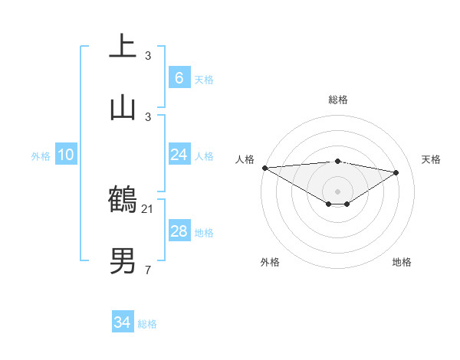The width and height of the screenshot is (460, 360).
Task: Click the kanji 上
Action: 123,46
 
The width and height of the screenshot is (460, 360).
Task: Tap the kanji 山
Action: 123,107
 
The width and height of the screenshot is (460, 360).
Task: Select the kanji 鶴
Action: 123,199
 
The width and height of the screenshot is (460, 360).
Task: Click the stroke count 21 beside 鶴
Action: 148,208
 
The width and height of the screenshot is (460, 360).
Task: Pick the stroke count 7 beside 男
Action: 148,270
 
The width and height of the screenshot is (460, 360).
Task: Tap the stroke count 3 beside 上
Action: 148,55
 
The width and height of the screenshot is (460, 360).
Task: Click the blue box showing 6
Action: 179,77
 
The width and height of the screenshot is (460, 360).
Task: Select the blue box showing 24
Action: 179,155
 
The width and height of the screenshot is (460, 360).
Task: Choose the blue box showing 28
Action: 179,231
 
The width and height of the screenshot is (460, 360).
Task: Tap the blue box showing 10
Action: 66,155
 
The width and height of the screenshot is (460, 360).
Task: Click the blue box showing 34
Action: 123,322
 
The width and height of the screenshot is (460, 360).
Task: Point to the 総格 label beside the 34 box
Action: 147,324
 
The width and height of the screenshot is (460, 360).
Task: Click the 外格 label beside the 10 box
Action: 41,156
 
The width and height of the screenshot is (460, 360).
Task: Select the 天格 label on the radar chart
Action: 431,159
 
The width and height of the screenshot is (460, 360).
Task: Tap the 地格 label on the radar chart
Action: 402,262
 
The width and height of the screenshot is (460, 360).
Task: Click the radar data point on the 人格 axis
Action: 264,168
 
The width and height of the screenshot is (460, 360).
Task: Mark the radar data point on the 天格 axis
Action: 396,172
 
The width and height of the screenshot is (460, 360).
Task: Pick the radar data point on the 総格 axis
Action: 337,161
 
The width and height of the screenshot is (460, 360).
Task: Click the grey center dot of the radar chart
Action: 337,191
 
